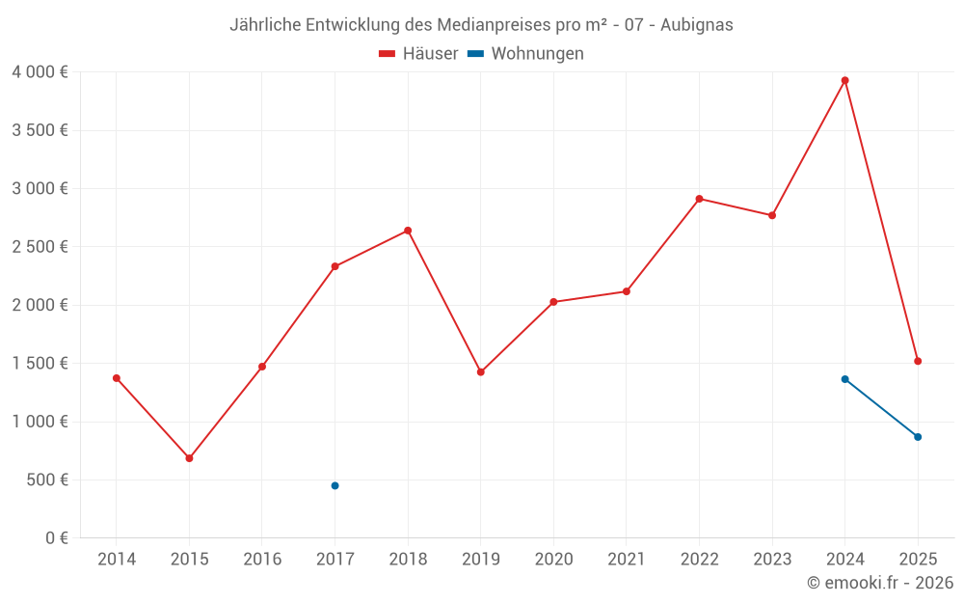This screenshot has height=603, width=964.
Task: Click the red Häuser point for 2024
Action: tap(844, 81)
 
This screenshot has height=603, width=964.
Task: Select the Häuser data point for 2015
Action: tap(189, 458)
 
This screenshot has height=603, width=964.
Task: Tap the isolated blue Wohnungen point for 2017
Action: tap(335, 485)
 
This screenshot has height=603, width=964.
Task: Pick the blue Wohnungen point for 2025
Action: tap(918, 437)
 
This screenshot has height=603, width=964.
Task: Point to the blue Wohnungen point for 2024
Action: tap(844, 379)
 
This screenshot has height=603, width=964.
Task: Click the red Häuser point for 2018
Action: tap(408, 231)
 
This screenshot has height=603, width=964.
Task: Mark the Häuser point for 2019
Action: tap(480, 372)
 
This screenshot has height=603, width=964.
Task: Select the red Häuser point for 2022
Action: tap(699, 199)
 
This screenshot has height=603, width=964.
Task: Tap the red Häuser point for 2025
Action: tap(918, 361)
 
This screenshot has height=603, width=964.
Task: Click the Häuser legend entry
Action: tap(418, 54)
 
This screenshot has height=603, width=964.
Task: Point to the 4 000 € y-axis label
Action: tap(40, 72)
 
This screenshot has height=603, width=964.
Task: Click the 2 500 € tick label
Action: tap(40, 247)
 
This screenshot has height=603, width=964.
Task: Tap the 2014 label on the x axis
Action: tap(117, 560)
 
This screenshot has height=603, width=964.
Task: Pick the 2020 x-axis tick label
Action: tap(553, 560)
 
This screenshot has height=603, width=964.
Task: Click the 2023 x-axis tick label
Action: tap(772, 560)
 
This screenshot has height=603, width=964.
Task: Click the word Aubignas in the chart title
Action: tap(696, 25)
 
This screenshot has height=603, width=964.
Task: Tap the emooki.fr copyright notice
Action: tap(879, 583)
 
